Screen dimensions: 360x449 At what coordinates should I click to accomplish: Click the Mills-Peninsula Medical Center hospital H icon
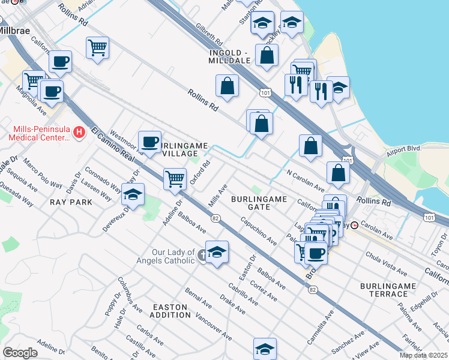(x=77, y=131)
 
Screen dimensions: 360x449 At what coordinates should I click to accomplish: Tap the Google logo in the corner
(x=20, y=352)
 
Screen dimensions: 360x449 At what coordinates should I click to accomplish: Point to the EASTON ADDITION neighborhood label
(x=170, y=311)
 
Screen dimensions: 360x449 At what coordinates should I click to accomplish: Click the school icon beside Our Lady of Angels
(x=217, y=252)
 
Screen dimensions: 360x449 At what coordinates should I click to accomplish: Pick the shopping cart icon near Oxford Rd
(x=175, y=178)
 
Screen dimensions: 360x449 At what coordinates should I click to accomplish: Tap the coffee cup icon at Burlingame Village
(x=149, y=142)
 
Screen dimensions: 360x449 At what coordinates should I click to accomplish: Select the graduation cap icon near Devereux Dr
(x=133, y=194)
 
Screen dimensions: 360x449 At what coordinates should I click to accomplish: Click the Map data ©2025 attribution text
(x=424, y=355)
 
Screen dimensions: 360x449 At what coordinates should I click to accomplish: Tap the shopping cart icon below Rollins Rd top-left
(x=97, y=47)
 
